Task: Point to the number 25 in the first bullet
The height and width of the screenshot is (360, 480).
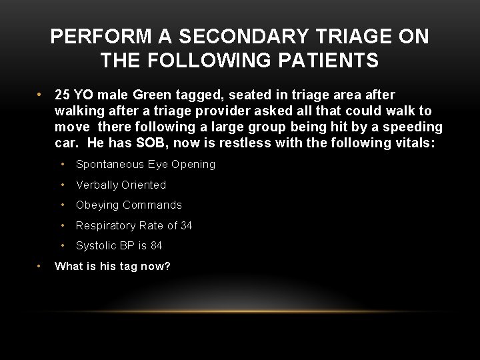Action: [x=63, y=95]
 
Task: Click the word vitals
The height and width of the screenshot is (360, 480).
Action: [x=412, y=143]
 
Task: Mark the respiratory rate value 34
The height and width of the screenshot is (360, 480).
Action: [x=186, y=225]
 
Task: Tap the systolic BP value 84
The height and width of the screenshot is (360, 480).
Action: [x=156, y=245]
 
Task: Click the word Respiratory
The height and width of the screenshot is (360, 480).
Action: [x=107, y=225]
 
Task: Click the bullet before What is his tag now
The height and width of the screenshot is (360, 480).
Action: [x=41, y=266]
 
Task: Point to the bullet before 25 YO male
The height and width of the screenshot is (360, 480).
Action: [x=41, y=95]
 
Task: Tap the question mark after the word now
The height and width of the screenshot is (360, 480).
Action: [x=168, y=267]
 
